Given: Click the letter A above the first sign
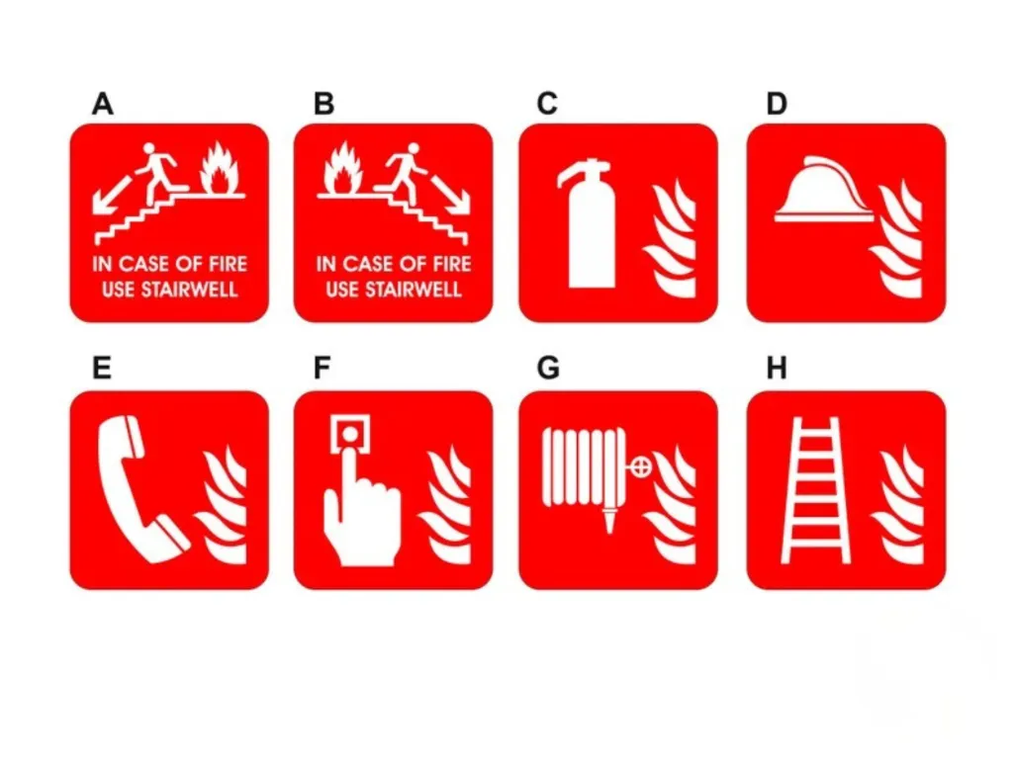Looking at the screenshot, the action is (103, 104).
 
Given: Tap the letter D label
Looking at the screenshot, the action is (777, 104).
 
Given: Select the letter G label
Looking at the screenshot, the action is (548, 369).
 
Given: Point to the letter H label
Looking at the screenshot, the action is (777, 369).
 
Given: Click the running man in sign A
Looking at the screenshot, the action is (157, 173).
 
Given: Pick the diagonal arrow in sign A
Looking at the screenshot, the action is (112, 193).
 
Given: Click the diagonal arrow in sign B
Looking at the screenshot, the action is (450, 193).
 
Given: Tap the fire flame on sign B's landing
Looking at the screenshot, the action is (342, 168).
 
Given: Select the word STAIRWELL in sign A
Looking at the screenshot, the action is (189, 290).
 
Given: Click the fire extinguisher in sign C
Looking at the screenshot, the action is (588, 223).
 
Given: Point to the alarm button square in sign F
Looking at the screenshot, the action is (350, 434).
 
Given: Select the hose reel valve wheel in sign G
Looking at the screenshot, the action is (640, 466).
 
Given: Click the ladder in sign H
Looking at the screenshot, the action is (816, 490).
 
